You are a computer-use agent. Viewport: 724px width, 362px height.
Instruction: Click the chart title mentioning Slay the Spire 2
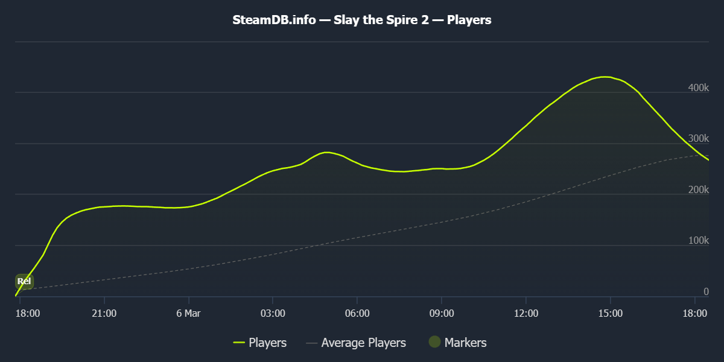point(362,20)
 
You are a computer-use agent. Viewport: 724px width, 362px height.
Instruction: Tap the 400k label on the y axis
point(699,88)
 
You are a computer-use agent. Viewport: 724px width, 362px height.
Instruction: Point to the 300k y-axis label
point(699,139)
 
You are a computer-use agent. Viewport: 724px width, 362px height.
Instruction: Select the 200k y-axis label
point(699,190)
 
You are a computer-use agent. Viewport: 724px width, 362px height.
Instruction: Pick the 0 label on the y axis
point(706,292)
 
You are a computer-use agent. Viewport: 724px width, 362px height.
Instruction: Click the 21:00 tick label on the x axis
point(104,313)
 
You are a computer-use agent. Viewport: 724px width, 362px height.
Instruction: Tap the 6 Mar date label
point(188,313)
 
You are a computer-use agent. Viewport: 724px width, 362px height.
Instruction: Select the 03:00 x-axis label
point(273,313)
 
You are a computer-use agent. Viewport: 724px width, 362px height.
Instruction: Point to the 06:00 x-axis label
point(357,313)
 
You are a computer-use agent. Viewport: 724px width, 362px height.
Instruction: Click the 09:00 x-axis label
point(442,313)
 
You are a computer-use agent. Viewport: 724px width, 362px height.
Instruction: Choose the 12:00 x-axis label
point(526,313)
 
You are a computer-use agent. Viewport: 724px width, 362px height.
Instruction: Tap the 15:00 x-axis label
point(610,313)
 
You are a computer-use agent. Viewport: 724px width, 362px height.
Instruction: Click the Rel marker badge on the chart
point(24,281)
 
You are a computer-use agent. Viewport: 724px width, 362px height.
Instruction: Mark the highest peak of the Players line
point(605,77)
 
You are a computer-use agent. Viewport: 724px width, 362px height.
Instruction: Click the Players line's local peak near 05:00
point(326,152)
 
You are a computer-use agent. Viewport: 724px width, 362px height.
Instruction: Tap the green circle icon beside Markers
point(435,342)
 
